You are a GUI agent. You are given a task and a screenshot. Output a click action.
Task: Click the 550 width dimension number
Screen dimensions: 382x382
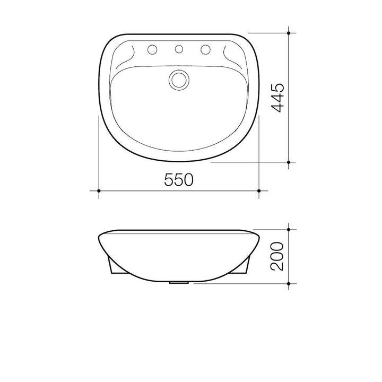[x=178, y=180]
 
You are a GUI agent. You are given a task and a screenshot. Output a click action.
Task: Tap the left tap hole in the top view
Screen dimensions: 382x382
[x=154, y=50]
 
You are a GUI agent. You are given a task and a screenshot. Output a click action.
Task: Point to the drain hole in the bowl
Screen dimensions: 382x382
[x=179, y=80]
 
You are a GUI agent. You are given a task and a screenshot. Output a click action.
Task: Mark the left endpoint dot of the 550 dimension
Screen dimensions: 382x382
[x=99, y=190]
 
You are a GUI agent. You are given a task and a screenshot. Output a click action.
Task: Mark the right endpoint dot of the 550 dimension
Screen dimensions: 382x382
[x=258, y=190]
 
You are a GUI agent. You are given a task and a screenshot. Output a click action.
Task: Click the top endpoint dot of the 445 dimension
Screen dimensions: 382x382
[x=289, y=33]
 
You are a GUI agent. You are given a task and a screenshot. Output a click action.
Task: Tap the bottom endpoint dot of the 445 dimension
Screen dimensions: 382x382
[x=289, y=162]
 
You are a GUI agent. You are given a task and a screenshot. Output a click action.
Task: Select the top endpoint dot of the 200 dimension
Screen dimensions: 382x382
[x=289, y=230]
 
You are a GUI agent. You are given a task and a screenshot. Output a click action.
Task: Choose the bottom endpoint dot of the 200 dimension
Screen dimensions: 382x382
[x=289, y=284]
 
